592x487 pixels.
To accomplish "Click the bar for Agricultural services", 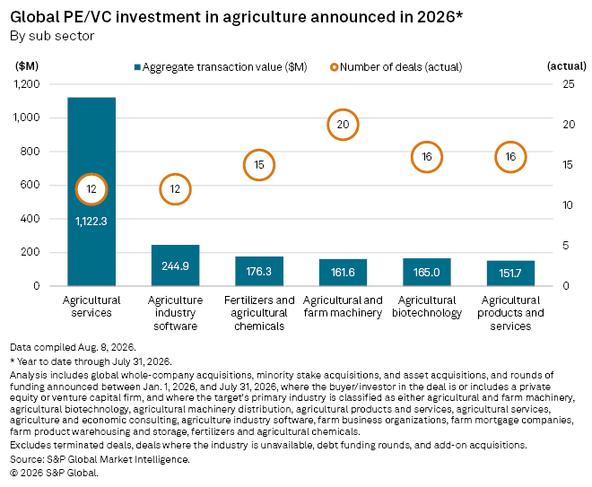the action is (91, 191).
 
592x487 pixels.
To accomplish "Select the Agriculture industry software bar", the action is (175, 265).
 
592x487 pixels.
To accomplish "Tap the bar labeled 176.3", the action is (259, 271).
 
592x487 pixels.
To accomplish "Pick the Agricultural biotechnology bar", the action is (427, 272).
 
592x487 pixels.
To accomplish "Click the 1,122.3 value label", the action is (91, 222).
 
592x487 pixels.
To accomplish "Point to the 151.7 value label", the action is (510, 273).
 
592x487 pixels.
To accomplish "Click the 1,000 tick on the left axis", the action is (26, 117).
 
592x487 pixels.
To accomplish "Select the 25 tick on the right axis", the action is (568, 83).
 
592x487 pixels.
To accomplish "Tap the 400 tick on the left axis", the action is (30, 219).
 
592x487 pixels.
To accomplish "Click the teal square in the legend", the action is (137, 67).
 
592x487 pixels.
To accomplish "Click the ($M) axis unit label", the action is (27, 66).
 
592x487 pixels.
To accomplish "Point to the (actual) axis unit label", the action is (567, 66).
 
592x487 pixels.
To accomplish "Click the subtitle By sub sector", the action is (52, 36).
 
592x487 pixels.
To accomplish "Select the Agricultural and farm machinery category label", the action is (343, 307).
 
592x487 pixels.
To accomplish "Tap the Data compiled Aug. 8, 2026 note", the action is (73, 347).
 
